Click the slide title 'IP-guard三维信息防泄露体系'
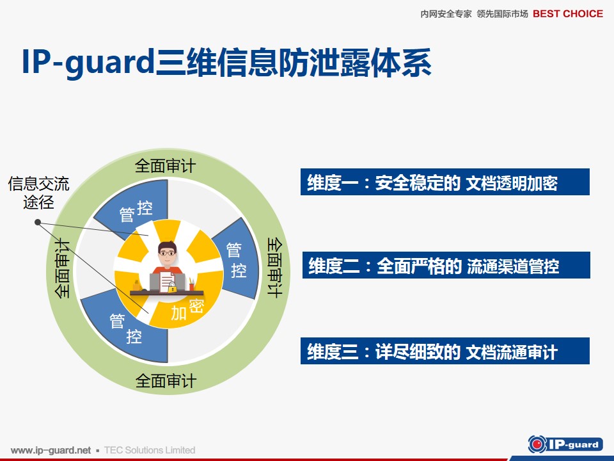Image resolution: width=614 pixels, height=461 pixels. pyautogui.click(x=226, y=62)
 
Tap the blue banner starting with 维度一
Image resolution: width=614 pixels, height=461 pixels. pyautogui.click(x=445, y=182)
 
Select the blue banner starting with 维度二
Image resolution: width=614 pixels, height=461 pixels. pyautogui.click(x=446, y=265)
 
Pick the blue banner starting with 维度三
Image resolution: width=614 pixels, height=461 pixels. pyautogui.click(x=445, y=351)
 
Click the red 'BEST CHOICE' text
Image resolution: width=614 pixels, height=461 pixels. pyautogui.click(x=568, y=13)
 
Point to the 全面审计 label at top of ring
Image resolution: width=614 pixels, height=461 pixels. pyautogui.click(x=165, y=166)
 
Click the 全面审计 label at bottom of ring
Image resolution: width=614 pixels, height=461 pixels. pyautogui.click(x=166, y=380)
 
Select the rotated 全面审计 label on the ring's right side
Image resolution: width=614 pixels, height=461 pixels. pyautogui.click(x=274, y=268)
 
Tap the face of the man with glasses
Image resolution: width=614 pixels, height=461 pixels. pyautogui.click(x=168, y=255)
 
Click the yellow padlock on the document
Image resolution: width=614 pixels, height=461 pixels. pyautogui.click(x=172, y=287)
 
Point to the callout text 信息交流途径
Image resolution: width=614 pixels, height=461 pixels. pyautogui.click(x=38, y=193)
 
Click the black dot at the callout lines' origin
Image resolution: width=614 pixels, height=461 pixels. pyautogui.click(x=38, y=222)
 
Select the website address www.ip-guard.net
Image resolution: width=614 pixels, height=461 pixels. pyautogui.click(x=51, y=450)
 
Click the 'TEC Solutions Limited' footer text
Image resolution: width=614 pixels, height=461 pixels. pyautogui.click(x=150, y=450)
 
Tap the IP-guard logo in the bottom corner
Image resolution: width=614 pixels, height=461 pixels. pyautogui.click(x=565, y=444)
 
